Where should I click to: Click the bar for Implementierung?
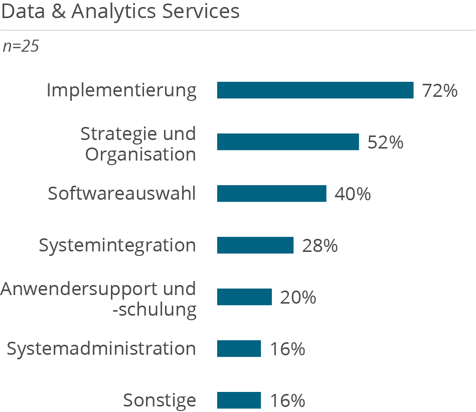(315, 90)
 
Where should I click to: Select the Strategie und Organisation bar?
(288, 142)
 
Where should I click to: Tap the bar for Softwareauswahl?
(271, 194)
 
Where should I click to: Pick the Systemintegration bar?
(255, 245)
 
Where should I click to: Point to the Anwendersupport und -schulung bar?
(244, 297)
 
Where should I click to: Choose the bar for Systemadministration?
(239, 349)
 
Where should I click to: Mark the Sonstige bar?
(239, 400)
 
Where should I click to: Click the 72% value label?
(440, 91)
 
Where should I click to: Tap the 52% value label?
(385, 143)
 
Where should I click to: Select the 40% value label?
(353, 194)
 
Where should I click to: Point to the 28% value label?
(320, 246)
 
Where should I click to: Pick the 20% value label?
(298, 298)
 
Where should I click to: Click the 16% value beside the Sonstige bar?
(287, 401)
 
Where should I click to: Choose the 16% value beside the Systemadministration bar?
(287, 349)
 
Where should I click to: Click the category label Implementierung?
(121, 91)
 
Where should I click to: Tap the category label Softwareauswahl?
(122, 194)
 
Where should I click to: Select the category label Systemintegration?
(117, 245)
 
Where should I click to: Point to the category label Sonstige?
(160, 400)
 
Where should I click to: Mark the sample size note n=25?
(21, 46)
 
